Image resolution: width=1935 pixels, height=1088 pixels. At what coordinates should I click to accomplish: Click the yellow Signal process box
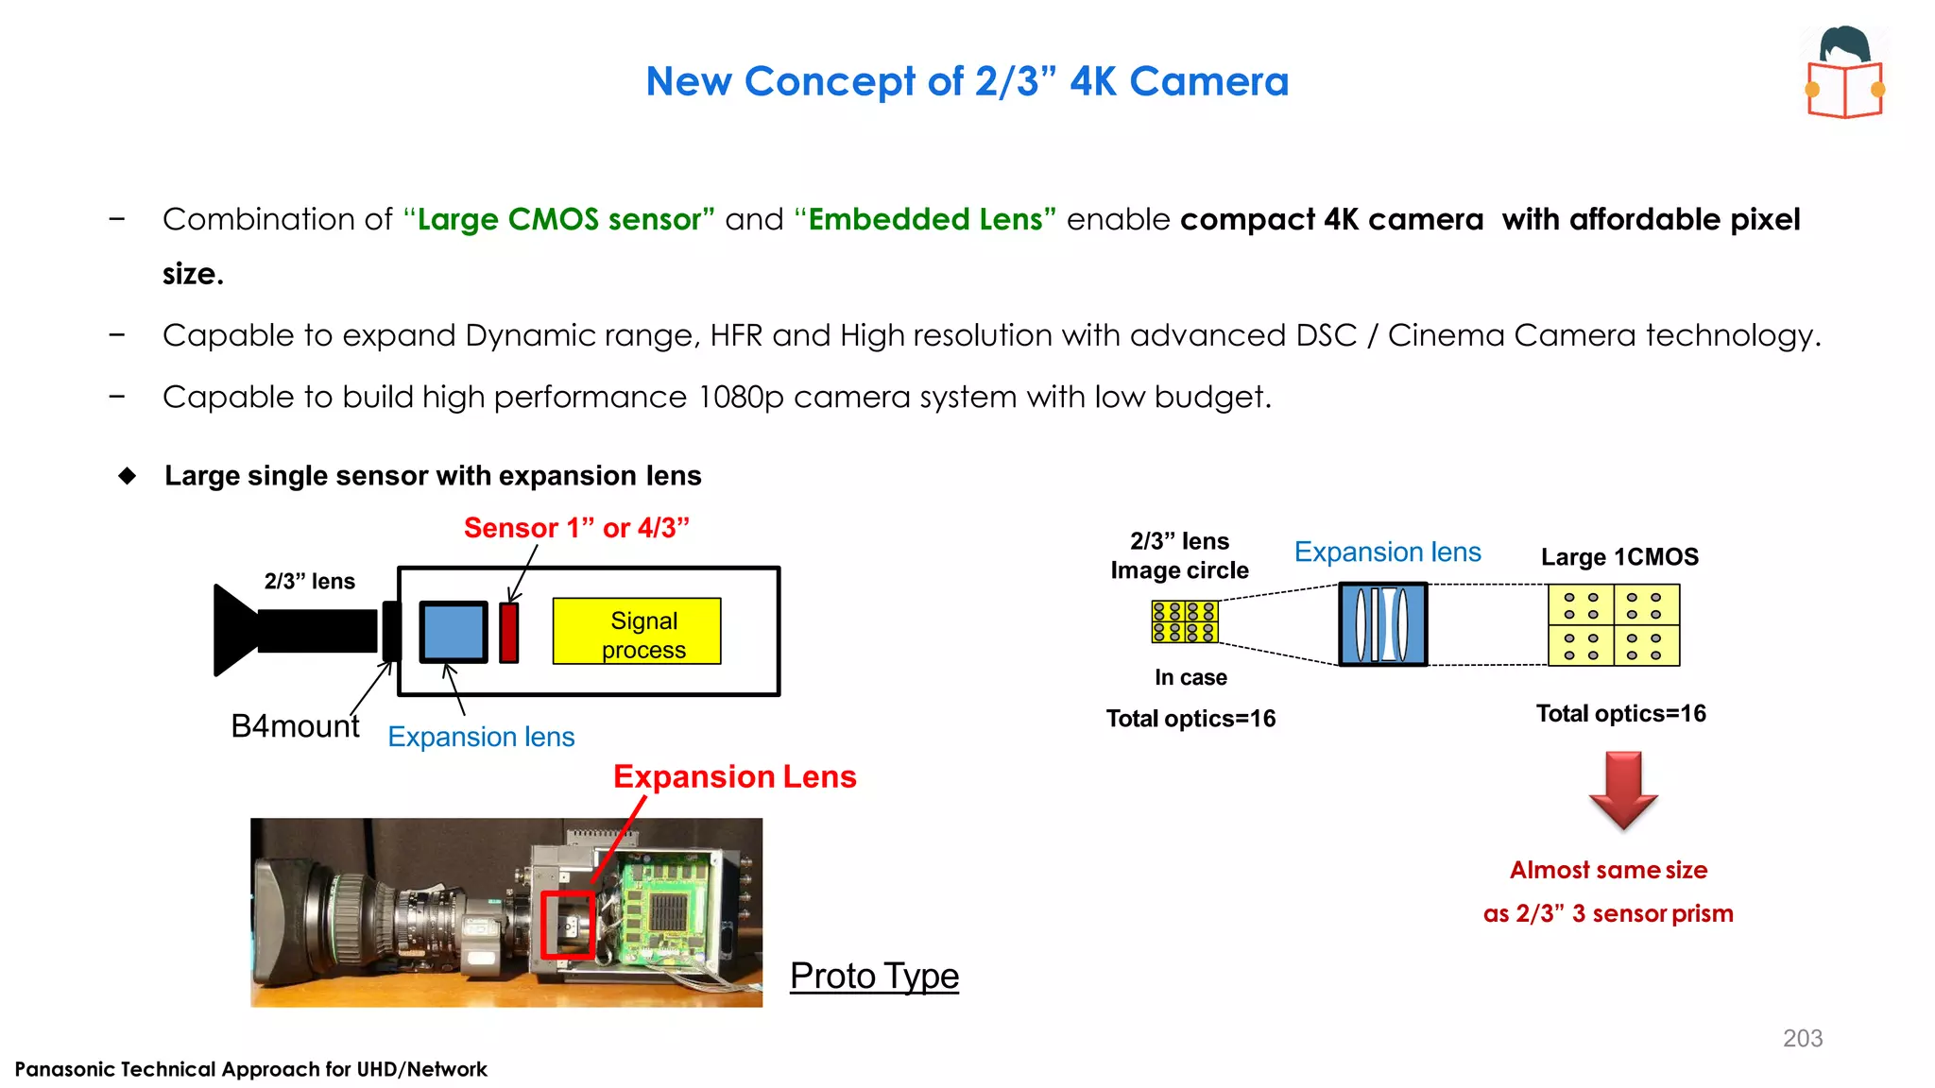click(637, 631)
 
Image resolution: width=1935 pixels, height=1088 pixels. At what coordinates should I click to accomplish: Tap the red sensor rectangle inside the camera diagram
click(509, 632)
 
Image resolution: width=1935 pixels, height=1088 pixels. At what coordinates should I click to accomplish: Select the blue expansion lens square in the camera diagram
click(454, 632)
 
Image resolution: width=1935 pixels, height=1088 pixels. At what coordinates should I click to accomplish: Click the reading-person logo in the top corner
click(1845, 73)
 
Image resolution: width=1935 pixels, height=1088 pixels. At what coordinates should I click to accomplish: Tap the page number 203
click(1803, 1038)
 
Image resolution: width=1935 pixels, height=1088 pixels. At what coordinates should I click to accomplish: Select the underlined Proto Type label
click(874, 976)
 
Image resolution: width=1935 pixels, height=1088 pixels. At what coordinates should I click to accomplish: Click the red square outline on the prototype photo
click(568, 925)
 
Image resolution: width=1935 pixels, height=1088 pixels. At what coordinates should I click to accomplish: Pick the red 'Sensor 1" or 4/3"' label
click(576, 528)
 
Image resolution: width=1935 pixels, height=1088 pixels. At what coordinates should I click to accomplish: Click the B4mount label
click(295, 726)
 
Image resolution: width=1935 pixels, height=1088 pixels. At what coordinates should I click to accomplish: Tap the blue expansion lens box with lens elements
click(1383, 624)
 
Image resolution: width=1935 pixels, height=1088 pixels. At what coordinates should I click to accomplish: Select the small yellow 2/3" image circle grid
click(1185, 621)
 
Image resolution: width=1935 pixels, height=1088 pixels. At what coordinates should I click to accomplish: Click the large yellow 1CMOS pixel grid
click(1614, 625)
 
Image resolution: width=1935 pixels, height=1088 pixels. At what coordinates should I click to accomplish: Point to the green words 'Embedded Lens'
click(926, 219)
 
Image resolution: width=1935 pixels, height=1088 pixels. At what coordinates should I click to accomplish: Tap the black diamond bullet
click(128, 475)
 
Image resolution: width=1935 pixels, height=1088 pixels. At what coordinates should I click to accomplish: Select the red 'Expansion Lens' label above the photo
click(734, 776)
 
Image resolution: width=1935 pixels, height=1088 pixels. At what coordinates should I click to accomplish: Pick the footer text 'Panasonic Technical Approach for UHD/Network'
click(251, 1069)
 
